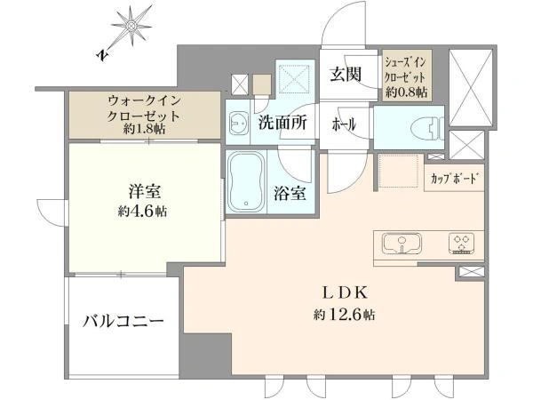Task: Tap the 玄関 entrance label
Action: pos(345,76)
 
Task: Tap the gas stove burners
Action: pos(463,242)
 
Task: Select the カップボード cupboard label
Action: pos(454,178)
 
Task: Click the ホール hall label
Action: pos(344,125)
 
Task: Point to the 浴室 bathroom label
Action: pos(290,192)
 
